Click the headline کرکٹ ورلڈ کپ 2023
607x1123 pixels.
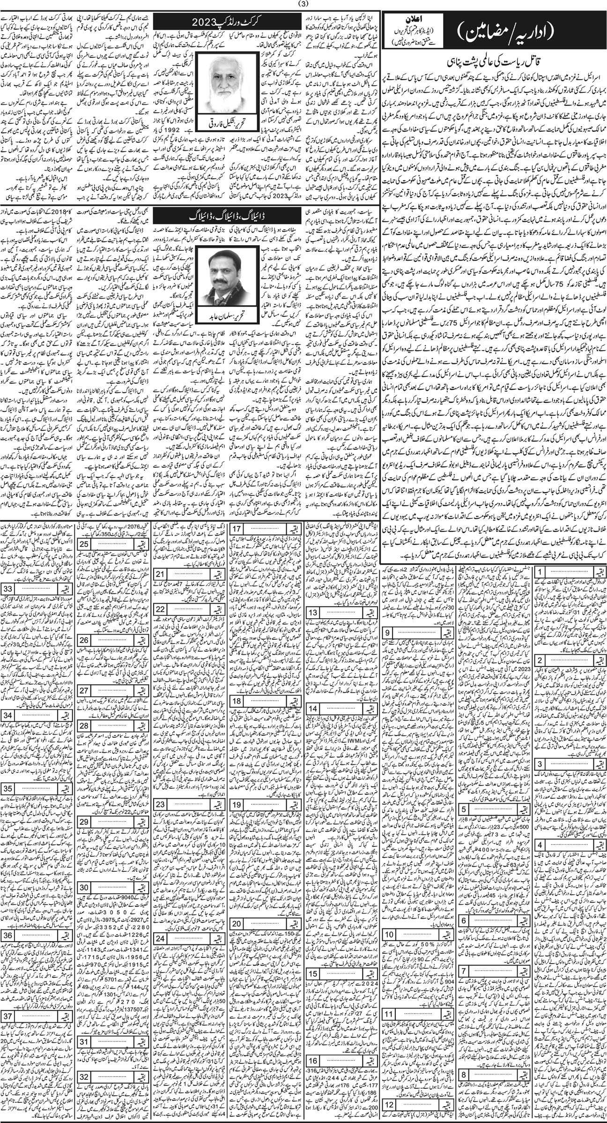[229, 22]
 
